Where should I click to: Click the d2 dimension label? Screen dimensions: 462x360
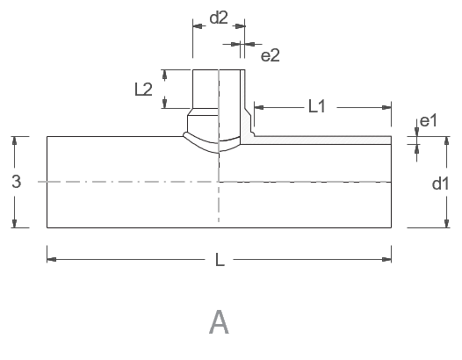[219, 18]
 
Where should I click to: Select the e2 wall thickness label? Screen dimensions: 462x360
[271, 55]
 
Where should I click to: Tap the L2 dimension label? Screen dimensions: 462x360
[143, 90]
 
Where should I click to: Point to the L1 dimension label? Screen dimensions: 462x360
[317, 106]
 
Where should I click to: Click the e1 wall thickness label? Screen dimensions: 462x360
[429, 121]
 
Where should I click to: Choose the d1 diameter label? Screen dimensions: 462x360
[441, 184]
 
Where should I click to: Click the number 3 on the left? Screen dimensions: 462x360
[17, 182]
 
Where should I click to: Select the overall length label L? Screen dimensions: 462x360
[220, 260]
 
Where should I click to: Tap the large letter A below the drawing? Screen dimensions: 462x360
[219, 322]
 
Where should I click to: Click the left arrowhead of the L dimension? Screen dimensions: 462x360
[52, 260]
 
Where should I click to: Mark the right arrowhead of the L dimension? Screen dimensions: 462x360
[386, 260]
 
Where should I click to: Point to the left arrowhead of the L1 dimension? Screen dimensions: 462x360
[259, 107]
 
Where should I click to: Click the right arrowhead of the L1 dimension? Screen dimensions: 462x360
[386, 107]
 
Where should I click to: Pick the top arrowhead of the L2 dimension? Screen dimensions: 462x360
[165, 75]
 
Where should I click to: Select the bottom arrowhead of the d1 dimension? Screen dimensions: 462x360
[447, 223]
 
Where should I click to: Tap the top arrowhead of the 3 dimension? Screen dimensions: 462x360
[14, 141]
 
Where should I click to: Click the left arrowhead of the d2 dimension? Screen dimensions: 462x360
[198, 26]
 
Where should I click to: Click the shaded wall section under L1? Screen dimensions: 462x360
[321, 140]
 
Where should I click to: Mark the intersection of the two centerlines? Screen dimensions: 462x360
[219, 182]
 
